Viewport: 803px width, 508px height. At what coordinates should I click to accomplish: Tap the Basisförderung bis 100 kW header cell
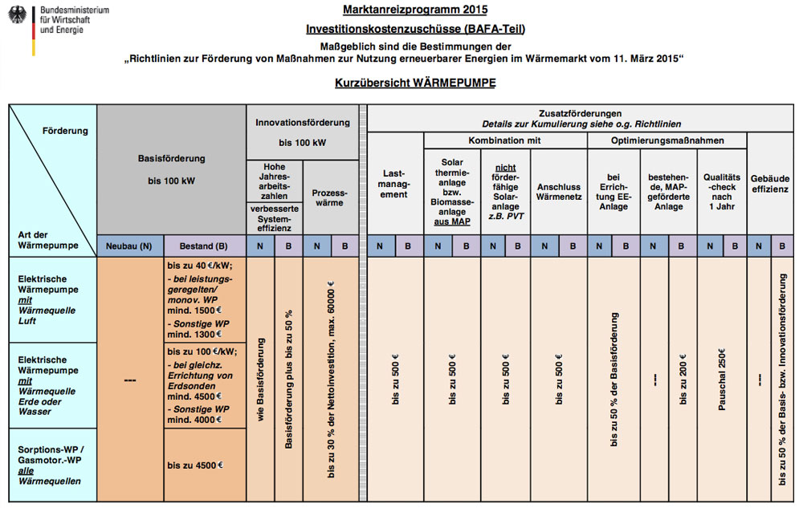[171, 169]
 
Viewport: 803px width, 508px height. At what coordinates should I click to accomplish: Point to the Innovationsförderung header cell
[303, 132]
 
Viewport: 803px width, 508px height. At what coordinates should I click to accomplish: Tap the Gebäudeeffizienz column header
[770, 184]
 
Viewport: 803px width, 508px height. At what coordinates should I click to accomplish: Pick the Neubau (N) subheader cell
[129, 246]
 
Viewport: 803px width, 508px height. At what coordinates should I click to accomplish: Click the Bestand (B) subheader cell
[204, 246]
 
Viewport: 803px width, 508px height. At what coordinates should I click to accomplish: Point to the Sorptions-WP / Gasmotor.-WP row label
[50, 465]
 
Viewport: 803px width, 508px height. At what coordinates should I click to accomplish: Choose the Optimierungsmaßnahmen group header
[667, 140]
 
